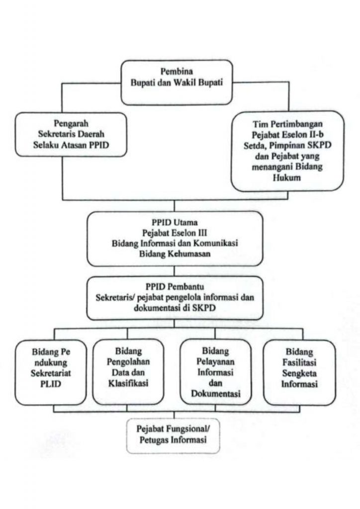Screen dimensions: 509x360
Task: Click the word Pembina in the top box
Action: pyautogui.click(x=177, y=71)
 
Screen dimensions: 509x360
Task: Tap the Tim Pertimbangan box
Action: pyautogui.click(x=287, y=151)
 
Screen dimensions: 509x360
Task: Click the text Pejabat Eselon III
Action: pyautogui.click(x=174, y=232)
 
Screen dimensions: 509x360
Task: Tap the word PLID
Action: pyautogui.click(x=49, y=388)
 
